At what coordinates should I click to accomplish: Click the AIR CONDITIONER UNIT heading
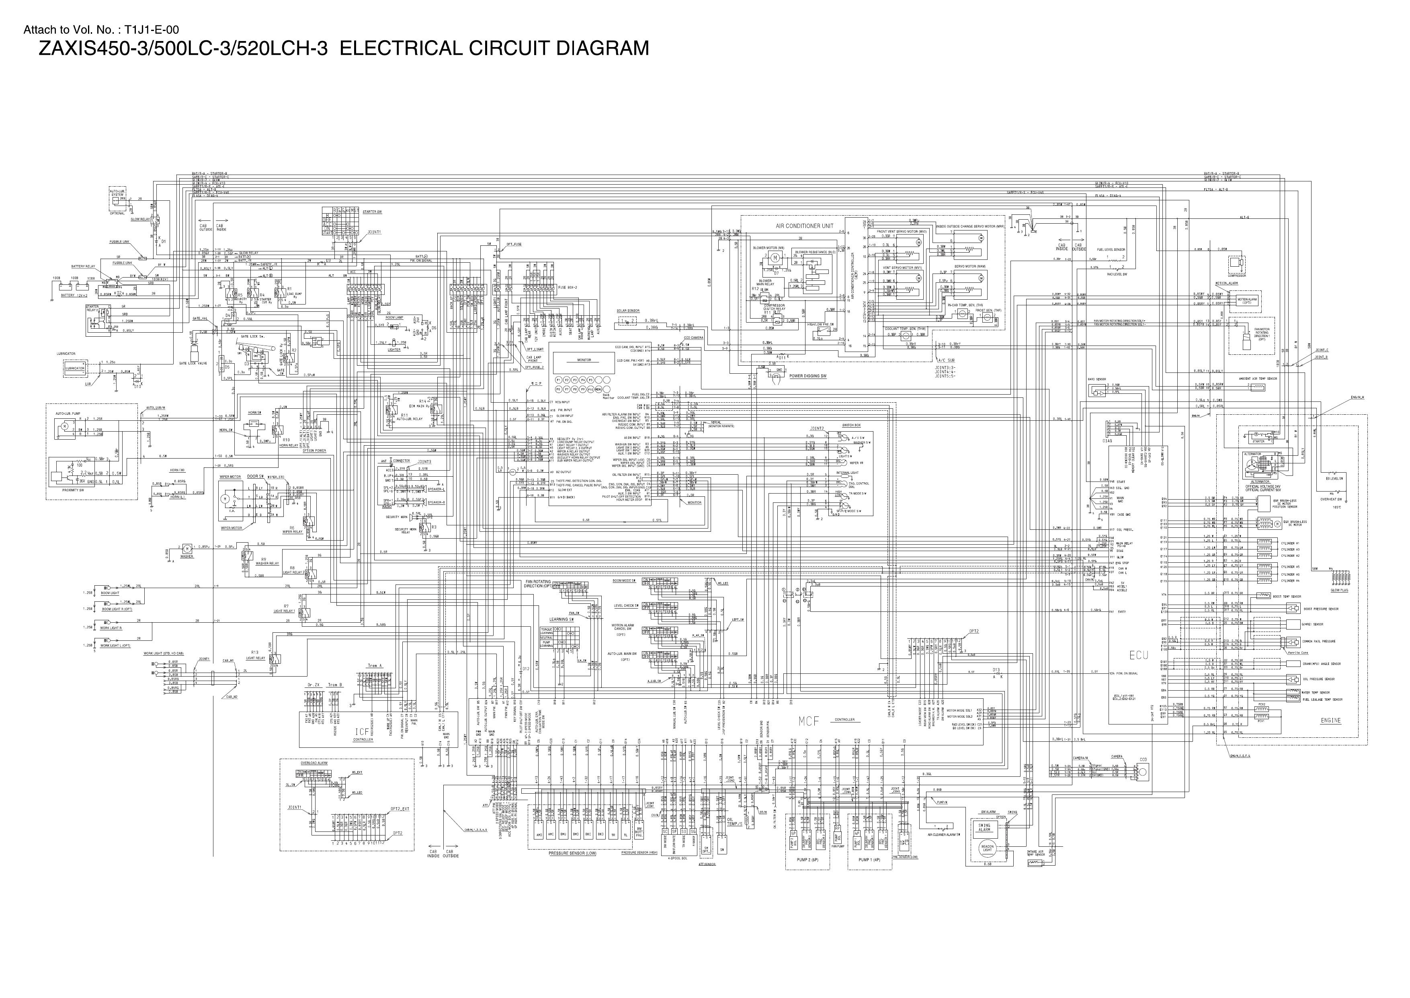pyautogui.click(x=805, y=226)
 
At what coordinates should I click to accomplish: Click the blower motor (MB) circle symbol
pyautogui.click(x=775, y=257)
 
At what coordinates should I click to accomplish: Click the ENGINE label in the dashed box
pyautogui.click(x=1330, y=720)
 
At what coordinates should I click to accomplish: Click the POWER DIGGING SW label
pyautogui.click(x=807, y=375)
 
